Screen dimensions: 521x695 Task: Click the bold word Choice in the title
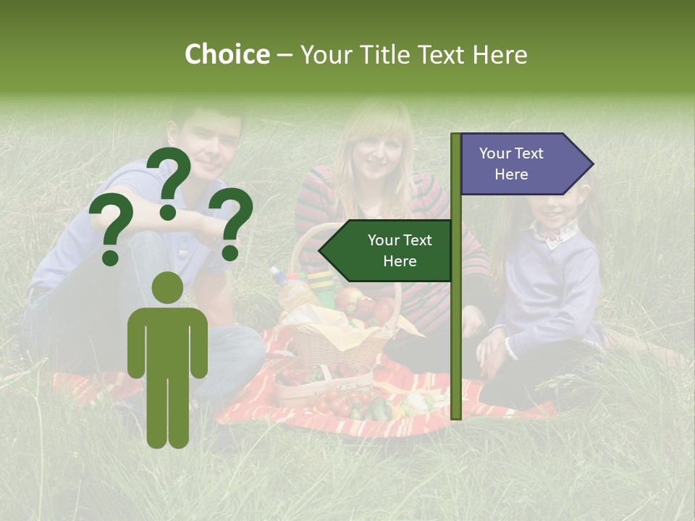[x=227, y=55]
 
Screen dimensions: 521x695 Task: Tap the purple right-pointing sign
[x=521, y=164]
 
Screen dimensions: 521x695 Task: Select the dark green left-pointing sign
[x=388, y=251]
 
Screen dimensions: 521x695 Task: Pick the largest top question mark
[x=169, y=182]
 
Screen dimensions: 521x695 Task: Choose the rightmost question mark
[x=230, y=224]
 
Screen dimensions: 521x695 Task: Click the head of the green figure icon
[x=167, y=288]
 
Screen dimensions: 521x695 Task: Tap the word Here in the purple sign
[x=511, y=174]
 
